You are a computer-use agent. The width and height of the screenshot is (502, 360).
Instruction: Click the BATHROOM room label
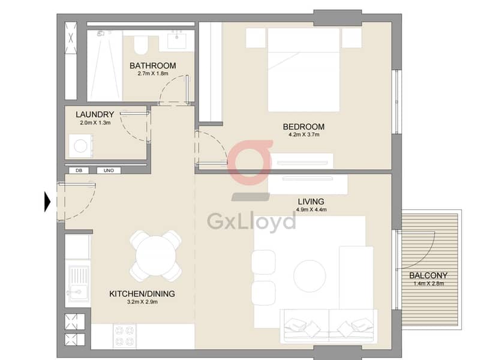153,65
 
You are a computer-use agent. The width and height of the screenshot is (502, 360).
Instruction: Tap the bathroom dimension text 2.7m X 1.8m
153,73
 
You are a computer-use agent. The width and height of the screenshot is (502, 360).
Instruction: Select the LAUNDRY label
95,115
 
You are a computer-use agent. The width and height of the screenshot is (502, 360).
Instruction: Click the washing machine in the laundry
81,146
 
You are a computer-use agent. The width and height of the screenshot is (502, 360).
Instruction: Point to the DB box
79,171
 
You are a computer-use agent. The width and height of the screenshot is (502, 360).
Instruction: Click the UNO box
109,171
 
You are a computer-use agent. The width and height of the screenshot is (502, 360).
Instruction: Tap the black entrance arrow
47,202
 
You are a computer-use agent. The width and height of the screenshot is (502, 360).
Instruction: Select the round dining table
156,256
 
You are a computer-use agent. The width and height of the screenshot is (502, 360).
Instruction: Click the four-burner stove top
125,336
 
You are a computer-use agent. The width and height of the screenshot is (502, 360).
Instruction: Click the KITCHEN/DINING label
142,294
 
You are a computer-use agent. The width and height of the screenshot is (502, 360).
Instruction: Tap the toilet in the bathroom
140,45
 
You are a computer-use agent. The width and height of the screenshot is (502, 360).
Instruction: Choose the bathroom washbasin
177,40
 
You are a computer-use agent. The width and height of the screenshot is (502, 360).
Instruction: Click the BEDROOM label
303,127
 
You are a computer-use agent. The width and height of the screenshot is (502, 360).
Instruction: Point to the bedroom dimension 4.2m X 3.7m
304,134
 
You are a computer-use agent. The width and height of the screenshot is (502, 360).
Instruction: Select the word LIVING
311,202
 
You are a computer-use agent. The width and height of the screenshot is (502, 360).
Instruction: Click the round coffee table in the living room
309,276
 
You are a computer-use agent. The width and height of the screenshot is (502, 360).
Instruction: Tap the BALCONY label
428,275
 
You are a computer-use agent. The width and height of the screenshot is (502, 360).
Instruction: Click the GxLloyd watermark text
251,221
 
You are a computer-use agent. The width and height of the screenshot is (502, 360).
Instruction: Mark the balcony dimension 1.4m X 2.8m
429,283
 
